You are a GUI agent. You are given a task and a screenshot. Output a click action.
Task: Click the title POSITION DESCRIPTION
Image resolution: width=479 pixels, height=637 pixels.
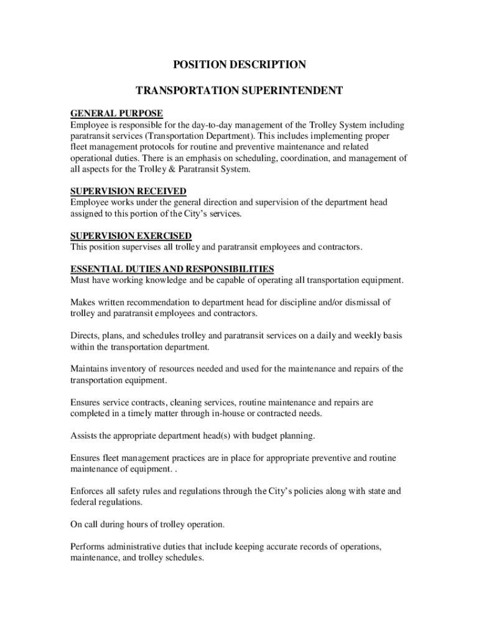click(239, 65)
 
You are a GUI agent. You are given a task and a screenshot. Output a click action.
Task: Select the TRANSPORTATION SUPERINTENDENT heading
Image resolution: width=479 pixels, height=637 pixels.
click(239, 91)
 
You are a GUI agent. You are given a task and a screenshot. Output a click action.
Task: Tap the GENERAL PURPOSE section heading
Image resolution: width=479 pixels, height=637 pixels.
click(116, 113)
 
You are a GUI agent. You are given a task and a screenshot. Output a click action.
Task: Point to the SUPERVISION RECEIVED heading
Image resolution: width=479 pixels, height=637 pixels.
click(128, 191)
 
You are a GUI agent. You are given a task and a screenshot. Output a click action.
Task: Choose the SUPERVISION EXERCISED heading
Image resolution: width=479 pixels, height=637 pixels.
click(131, 236)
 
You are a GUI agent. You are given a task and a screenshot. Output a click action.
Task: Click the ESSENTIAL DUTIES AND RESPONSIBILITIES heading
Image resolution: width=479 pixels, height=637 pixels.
click(172, 269)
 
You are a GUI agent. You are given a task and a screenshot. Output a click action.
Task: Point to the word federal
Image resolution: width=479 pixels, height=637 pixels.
click(84, 503)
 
